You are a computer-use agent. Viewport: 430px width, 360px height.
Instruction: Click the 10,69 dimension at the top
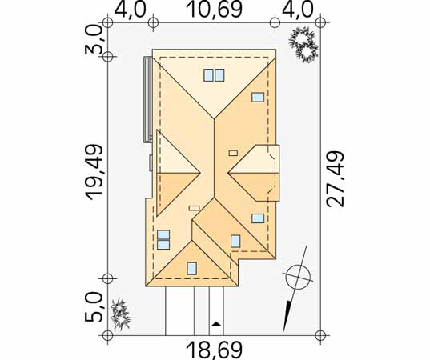[x=214, y=9]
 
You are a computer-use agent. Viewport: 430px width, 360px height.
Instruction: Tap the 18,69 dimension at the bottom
[x=214, y=350]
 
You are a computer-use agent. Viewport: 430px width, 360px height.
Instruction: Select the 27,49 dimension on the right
[x=336, y=178]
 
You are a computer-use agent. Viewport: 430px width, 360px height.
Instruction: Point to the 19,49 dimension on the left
[x=94, y=172]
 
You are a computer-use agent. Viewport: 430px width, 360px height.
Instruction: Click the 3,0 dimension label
[x=94, y=40]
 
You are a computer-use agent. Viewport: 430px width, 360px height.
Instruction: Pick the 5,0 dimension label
[x=94, y=307]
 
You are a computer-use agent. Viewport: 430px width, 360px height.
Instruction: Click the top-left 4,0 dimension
[x=130, y=9]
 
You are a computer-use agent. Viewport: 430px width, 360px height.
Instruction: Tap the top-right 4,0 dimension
[x=297, y=9]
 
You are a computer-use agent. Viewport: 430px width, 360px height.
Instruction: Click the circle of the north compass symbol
[x=298, y=278]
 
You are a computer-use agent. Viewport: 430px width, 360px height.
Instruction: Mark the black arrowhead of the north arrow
[x=287, y=316]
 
